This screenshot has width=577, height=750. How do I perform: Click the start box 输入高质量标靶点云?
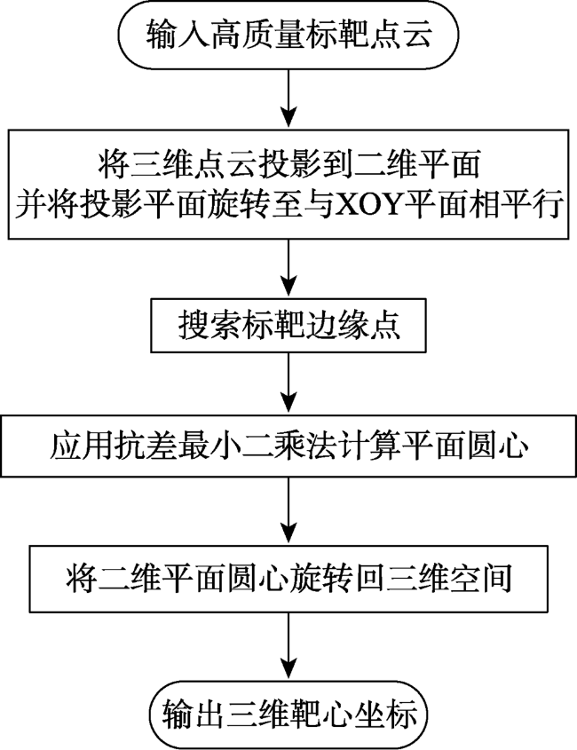click(x=288, y=34)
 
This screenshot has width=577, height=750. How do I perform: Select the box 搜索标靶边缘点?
click(x=288, y=326)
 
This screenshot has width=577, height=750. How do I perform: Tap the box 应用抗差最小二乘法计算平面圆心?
click(x=288, y=446)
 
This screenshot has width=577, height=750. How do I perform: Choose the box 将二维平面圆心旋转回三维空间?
click(x=288, y=579)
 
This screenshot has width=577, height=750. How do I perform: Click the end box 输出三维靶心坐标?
click(x=288, y=714)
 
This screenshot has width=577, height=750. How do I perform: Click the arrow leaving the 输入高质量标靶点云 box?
click(x=288, y=99)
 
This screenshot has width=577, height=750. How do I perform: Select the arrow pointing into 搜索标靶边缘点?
click(x=288, y=268)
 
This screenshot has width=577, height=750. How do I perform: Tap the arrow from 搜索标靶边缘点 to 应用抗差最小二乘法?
click(x=288, y=383)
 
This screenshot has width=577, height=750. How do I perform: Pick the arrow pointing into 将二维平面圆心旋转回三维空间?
click(x=288, y=510)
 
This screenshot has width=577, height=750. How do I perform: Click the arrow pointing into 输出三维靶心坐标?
click(x=288, y=646)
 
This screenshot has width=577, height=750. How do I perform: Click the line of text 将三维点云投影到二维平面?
click(x=288, y=165)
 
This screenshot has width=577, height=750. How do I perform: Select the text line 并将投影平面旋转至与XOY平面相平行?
click(x=288, y=206)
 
